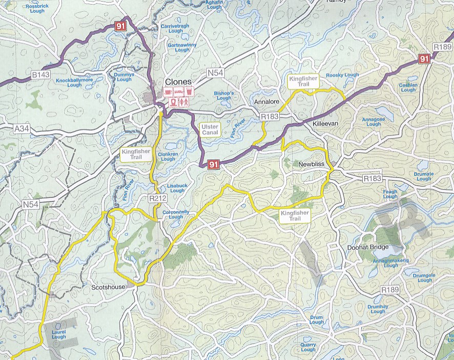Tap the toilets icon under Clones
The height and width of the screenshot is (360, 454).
point(184,102)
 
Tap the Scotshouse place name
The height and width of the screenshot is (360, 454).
point(107,287)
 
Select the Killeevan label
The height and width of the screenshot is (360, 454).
point(325,124)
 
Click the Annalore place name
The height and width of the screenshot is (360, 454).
point(266,102)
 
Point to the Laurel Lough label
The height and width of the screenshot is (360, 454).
point(59,334)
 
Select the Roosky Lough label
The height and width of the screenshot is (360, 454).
point(342,75)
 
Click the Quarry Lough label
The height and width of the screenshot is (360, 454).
point(308,347)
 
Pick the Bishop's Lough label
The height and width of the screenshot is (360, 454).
point(223,95)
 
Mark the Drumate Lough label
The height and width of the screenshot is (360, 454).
point(424,176)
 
